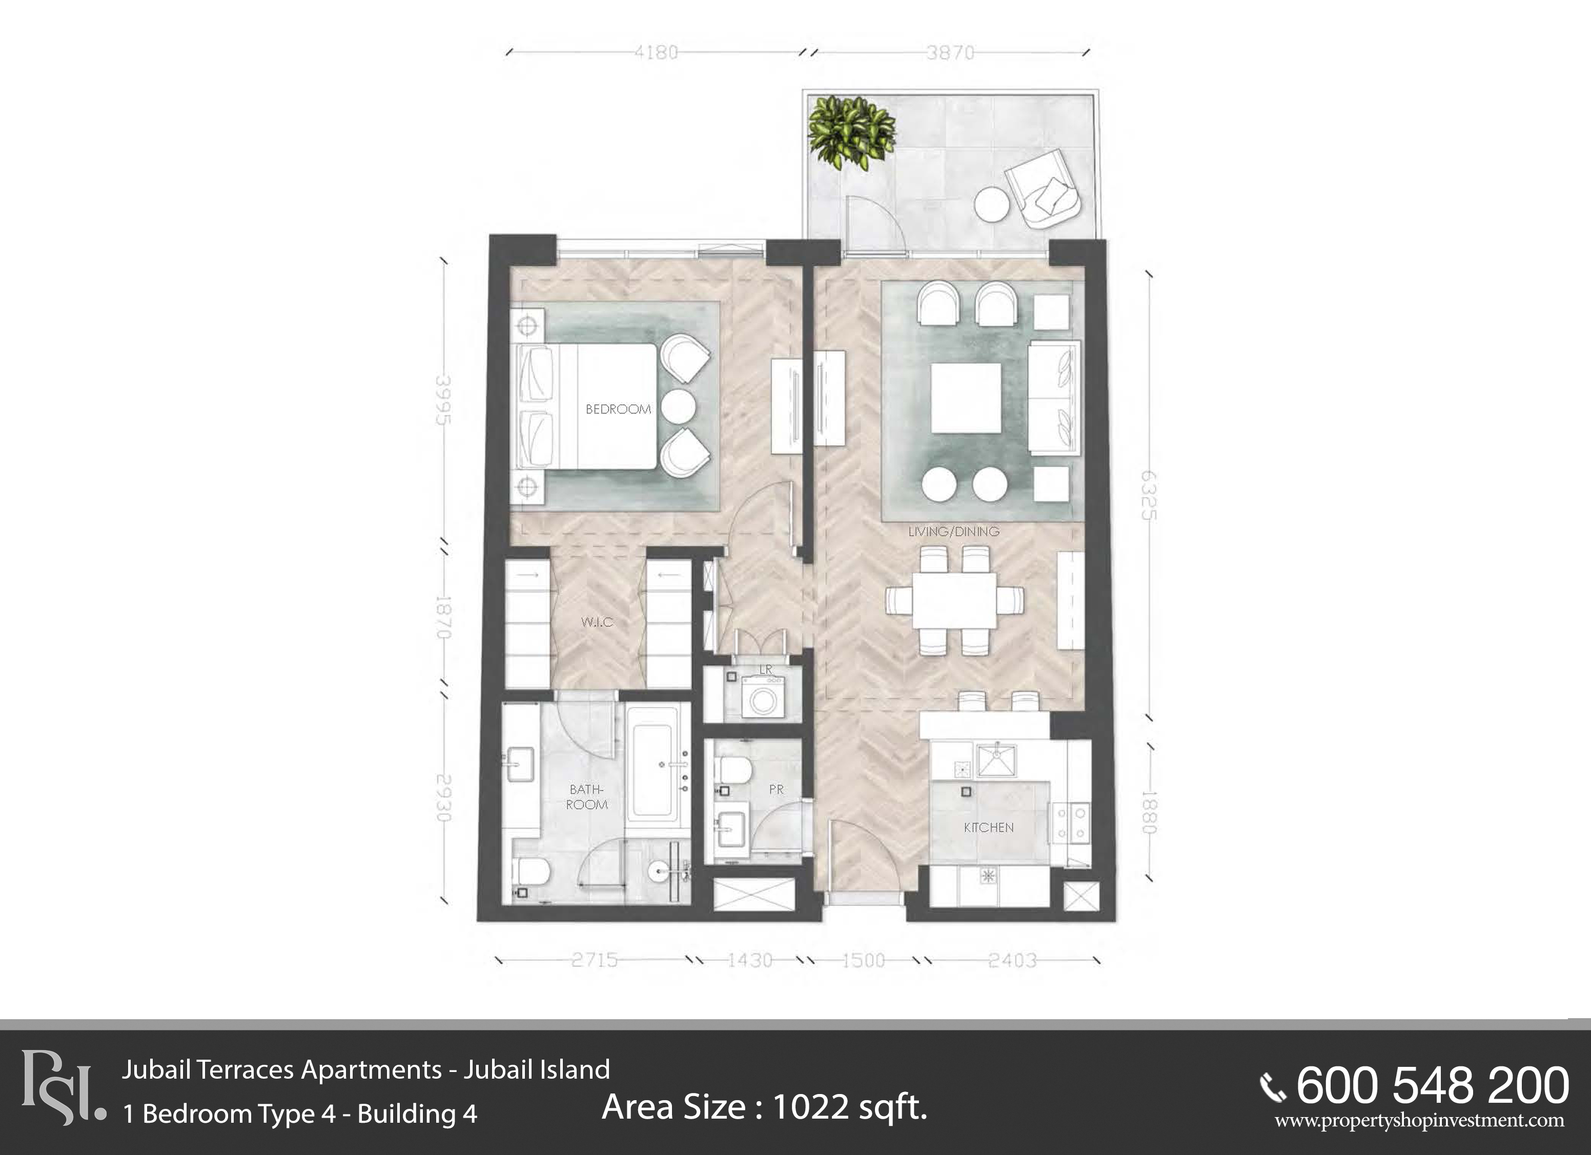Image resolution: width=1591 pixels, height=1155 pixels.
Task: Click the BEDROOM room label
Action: point(618,409)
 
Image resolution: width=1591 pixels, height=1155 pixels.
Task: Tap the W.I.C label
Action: point(597,622)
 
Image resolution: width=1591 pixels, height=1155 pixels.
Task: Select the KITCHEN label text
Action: point(988,828)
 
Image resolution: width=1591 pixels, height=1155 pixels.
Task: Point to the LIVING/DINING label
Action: point(953,531)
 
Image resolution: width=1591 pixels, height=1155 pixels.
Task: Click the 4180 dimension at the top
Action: point(656,52)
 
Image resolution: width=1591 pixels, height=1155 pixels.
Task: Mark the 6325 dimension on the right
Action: point(1147,495)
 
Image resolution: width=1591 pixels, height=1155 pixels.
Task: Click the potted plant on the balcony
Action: point(851,132)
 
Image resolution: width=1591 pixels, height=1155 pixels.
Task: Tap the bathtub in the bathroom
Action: point(653,763)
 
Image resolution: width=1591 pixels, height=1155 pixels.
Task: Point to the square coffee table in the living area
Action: point(965,398)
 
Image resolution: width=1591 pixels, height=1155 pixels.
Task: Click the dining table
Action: point(954,601)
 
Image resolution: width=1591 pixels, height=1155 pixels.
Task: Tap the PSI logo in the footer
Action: point(62,1087)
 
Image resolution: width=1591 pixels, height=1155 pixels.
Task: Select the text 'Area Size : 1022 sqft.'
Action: point(765,1107)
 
